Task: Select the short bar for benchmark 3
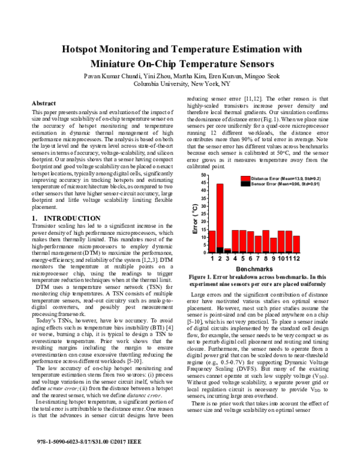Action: point(227,250)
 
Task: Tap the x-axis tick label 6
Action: point(251,258)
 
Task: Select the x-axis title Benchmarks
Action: point(254,268)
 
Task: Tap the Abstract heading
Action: point(43,103)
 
